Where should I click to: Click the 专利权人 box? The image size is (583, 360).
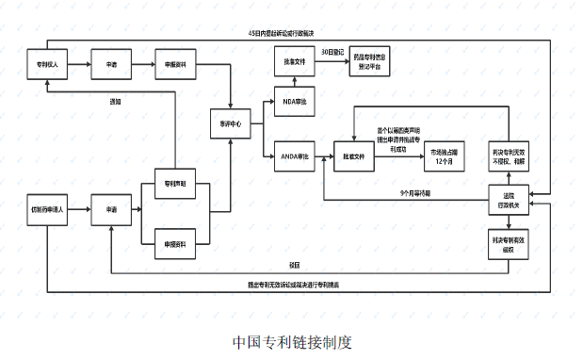click(x=47, y=65)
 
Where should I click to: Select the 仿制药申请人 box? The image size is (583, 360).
click(x=47, y=207)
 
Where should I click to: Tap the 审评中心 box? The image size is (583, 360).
click(x=231, y=123)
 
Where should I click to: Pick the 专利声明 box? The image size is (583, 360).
click(x=175, y=184)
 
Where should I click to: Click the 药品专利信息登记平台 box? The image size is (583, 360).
click(x=374, y=61)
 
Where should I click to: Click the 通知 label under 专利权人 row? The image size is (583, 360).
click(x=115, y=101)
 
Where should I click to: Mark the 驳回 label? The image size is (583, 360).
click(x=294, y=264)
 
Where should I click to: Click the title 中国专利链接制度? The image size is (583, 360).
click(x=292, y=341)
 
